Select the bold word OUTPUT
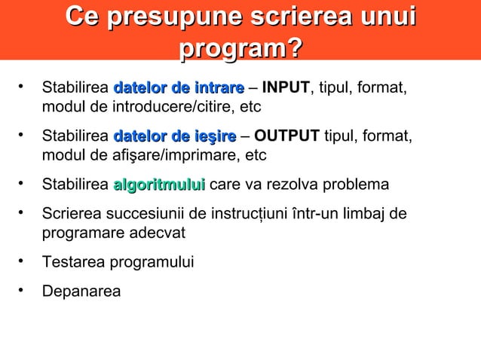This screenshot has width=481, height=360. pyautogui.click(x=287, y=137)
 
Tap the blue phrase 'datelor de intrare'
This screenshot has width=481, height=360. pyautogui.click(x=179, y=89)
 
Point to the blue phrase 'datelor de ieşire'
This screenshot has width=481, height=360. pyautogui.click(x=175, y=137)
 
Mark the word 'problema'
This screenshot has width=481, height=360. pyautogui.click(x=357, y=185)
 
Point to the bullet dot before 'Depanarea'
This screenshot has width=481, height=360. pyautogui.click(x=23, y=289)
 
